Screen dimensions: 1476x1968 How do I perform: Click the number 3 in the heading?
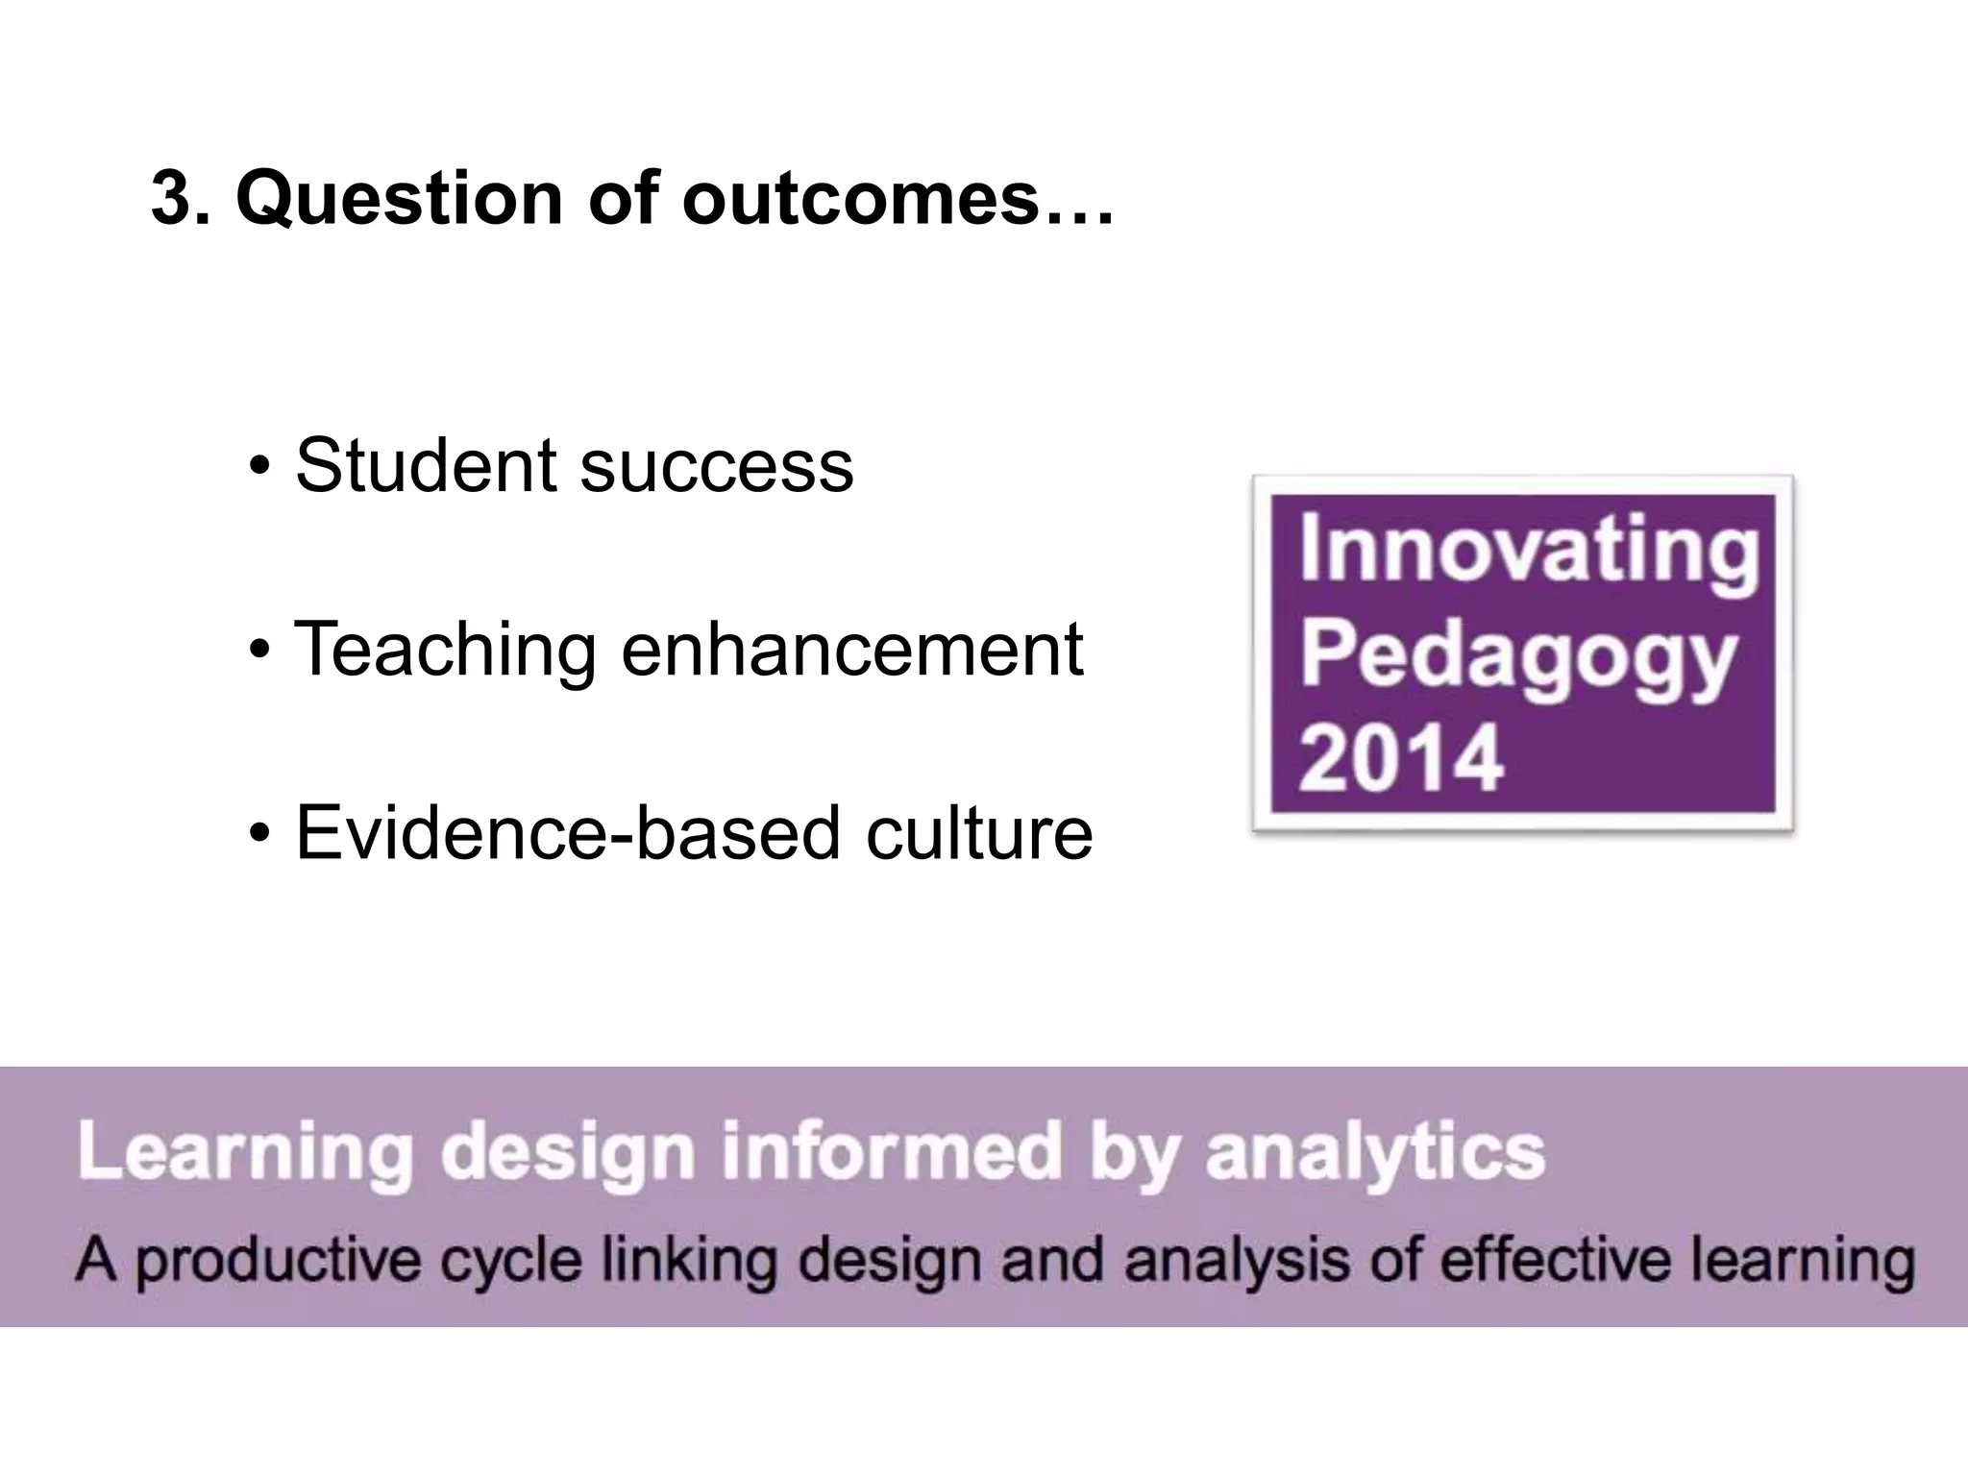coord(173,198)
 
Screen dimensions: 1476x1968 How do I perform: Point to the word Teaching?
coord(445,650)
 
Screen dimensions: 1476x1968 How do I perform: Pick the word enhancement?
coord(852,650)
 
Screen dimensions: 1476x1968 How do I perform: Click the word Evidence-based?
coord(568,832)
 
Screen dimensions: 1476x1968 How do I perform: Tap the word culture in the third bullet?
coord(979,832)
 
